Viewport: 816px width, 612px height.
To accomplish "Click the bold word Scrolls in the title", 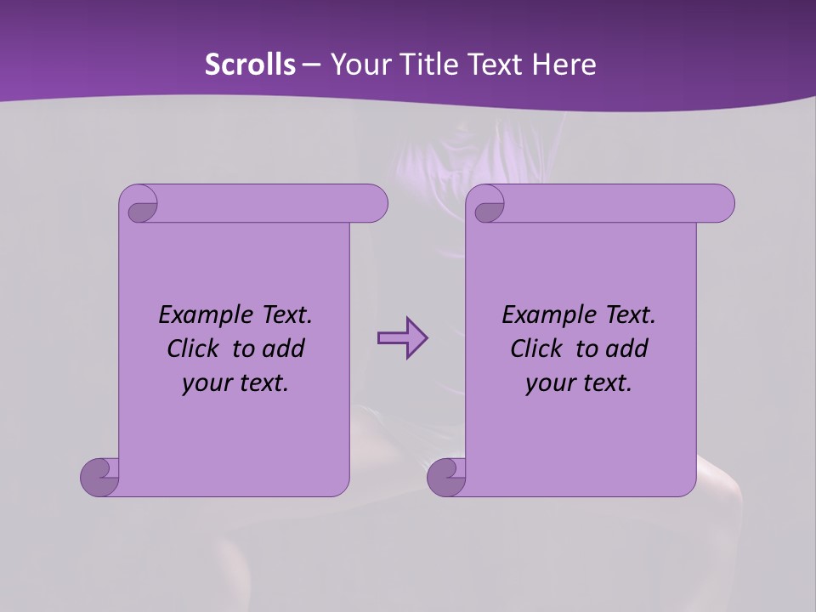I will pyautogui.click(x=251, y=64).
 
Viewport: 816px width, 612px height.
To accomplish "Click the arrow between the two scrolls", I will pyautogui.click(x=402, y=338).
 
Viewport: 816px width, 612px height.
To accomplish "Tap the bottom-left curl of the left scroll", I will pyautogui.click(x=99, y=477).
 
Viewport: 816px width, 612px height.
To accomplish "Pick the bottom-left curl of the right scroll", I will pyautogui.click(x=445, y=477).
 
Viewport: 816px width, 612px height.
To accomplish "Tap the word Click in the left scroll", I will pyautogui.click(x=192, y=348).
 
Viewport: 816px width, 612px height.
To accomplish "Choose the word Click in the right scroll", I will pyautogui.click(x=535, y=348).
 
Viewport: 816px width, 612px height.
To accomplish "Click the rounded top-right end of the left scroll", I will pyautogui.click(x=374, y=203).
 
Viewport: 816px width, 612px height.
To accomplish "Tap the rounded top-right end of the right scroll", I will pyautogui.click(x=721, y=203).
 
